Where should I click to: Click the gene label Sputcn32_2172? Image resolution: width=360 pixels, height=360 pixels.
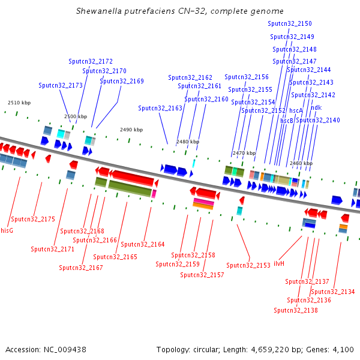pos(91,62)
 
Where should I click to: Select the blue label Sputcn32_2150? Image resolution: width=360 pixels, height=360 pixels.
pos(290,23)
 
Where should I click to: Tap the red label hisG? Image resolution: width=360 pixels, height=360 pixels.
pos(7,230)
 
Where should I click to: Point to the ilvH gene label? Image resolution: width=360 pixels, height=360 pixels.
pos(279,263)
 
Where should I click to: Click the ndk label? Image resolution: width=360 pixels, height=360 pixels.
pos(316,107)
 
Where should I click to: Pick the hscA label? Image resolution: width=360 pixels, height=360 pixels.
pos(296,110)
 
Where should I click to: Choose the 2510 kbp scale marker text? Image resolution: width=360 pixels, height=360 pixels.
pos(19,103)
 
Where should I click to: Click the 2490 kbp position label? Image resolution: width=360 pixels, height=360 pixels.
pos(131,130)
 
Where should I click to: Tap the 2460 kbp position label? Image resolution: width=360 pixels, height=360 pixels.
pos(301,163)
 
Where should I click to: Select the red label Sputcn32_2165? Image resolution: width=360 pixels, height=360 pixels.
pos(115,257)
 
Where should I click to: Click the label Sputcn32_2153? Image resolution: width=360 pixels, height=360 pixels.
pos(248,265)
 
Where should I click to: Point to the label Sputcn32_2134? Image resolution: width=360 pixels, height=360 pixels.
pos(333,292)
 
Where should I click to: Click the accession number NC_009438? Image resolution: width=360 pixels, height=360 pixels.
pos(65,350)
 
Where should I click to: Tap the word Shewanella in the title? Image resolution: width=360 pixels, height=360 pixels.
pos(99,11)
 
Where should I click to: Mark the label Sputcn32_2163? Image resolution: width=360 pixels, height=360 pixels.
pos(160,108)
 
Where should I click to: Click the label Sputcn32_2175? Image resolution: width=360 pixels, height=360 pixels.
pos(33,219)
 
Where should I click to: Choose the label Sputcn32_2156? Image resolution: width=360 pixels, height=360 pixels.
pos(247,77)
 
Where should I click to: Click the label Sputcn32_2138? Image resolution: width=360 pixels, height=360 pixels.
pos(296,310)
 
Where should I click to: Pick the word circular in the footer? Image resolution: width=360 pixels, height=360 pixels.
pos(206,350)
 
